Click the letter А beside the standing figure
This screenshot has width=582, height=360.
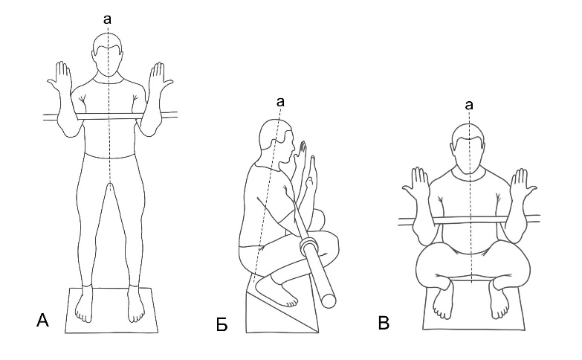pos(42,320)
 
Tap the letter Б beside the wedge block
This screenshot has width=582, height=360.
pos(222,325)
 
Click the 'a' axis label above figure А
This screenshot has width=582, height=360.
pos(107,19)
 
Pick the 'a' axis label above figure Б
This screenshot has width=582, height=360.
pos(281,101)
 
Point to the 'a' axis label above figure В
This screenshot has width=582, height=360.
pos(469,105)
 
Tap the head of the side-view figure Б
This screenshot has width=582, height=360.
pos(277,141)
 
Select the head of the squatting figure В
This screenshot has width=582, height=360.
pos(469,149)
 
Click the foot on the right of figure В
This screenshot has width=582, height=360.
pos(499,300)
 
